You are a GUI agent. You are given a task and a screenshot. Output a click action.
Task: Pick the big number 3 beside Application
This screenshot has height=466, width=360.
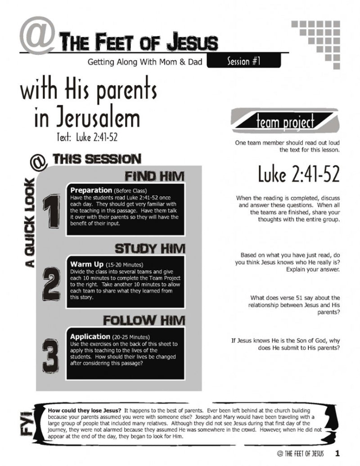(53, 353)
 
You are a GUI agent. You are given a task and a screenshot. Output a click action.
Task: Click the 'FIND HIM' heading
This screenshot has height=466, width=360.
(156, 176)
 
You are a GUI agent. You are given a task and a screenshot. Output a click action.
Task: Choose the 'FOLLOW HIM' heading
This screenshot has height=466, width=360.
(144, 320)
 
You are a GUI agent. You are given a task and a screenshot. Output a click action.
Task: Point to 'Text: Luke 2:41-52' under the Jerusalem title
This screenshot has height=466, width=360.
(87, 137)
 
